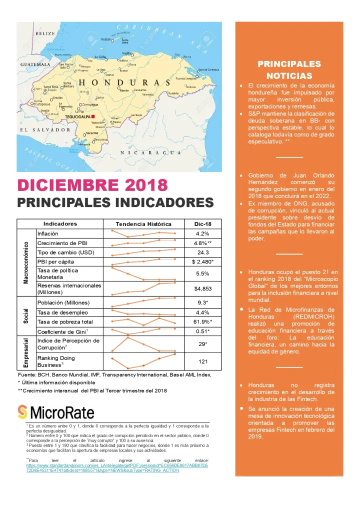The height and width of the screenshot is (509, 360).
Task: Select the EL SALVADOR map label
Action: pos(45,129)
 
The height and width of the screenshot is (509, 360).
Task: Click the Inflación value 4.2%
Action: pos(202,233)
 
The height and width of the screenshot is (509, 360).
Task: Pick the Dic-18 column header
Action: pos(202,223)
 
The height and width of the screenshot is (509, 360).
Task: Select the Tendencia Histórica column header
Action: pos(143,223)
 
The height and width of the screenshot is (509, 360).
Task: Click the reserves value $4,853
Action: pos(202,288)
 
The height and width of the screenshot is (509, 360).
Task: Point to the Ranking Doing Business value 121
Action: pos(202,360)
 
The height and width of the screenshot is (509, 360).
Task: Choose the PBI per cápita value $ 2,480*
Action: pos(202,261)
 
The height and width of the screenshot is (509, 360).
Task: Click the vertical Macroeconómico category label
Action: pos(25,262)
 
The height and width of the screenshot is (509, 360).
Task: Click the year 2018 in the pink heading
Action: pos(145,184)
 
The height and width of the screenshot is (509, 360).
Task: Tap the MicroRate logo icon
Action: pos(22,411)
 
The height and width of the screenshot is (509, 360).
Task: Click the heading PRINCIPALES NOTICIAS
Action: pos(289,70)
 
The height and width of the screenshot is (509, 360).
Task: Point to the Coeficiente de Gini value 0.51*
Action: pos(202,331)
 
